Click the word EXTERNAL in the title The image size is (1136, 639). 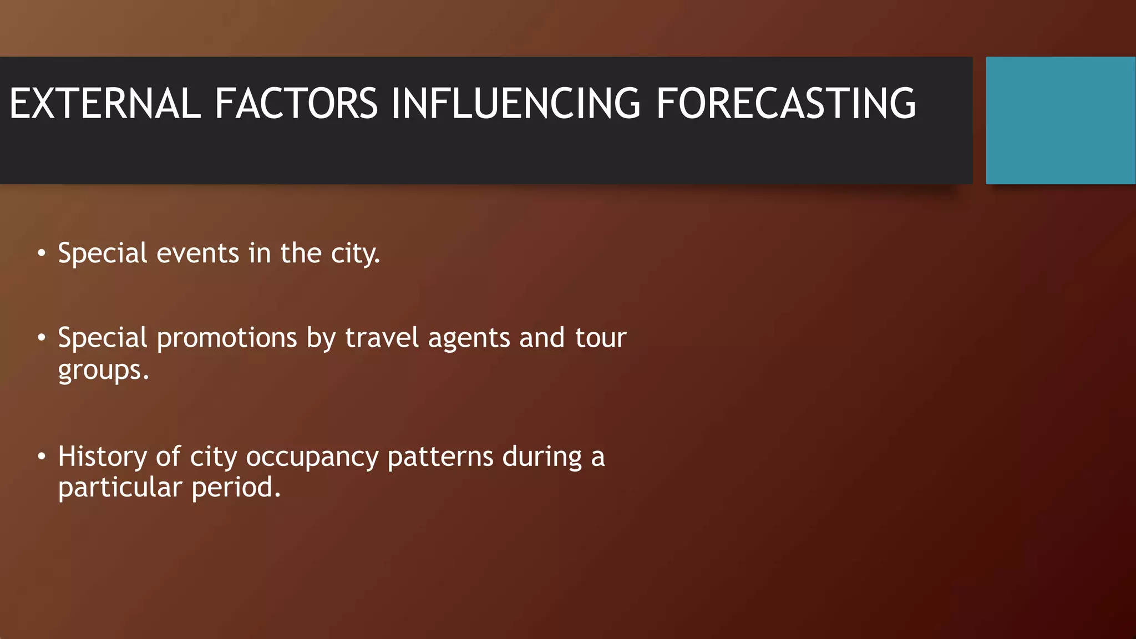(x=104, y=104)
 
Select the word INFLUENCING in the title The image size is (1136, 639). (x=516, y=104)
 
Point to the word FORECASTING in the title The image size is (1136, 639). (x=785, y=104)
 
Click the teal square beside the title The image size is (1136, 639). (x=1061, y=120)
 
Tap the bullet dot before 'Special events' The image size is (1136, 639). (x=42, y=253)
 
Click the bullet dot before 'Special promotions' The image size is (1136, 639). (x=42, y=338)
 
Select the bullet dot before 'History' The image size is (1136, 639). (x=42, y=457)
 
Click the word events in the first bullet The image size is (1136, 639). (x=197, y=253)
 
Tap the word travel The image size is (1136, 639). (x=382, y=338)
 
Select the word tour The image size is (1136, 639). (x=601, y=338)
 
